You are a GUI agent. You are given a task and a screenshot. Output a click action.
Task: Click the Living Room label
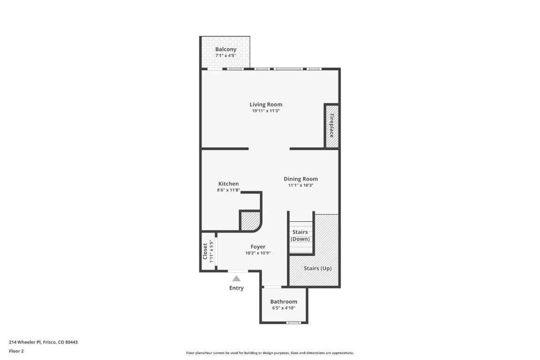tap(266, 105)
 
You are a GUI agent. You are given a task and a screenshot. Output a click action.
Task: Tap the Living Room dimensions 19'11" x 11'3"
tap(266, 111)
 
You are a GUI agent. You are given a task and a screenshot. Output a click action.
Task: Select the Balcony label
tap(225, 49)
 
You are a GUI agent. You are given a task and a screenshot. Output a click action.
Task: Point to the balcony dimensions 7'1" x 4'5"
tap(225, 55)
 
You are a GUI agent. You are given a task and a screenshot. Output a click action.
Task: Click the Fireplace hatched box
tap(332, 126)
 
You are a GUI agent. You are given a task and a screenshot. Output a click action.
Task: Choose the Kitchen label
tap(228, 184)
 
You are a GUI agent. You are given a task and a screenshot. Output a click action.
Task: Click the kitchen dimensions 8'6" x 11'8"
tap(228, 190)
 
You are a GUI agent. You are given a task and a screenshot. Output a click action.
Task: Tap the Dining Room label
tap(300, 179)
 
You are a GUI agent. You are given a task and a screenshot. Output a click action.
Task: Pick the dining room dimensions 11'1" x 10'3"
tap(300, 185)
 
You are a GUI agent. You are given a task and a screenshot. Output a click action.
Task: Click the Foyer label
tap(258, 247)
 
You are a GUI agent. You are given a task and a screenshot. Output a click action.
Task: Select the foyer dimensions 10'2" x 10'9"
tap(258, 253)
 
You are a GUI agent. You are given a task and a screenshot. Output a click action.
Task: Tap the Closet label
tap(205, 251)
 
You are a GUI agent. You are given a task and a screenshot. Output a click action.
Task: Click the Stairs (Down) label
tap(300, 235)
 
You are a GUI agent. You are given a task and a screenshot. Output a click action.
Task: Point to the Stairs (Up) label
tap(317, 268)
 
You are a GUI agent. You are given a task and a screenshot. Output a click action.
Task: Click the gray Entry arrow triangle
tap(237, 278)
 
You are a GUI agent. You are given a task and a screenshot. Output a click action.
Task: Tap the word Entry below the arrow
tap(236, 288)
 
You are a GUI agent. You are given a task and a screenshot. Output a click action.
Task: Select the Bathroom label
tap(284, 301)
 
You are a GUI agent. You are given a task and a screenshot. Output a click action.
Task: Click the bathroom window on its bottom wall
tap(293, 322)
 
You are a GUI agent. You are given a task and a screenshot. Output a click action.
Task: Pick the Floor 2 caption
tap(16, 351)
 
